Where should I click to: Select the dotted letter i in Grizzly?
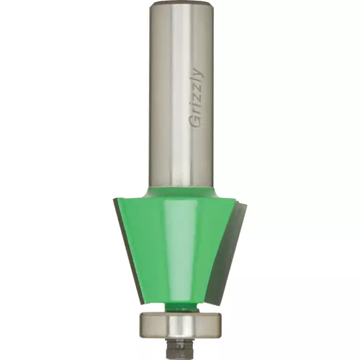coord(197,108)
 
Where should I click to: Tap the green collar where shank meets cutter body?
coord(180,192)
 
